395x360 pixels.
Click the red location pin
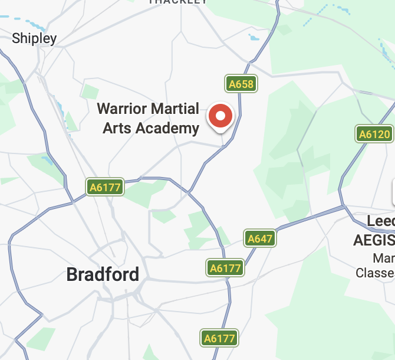(221, 117)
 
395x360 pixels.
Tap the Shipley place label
(34, 39)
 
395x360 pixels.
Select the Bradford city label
(103, 274)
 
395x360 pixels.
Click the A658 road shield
(241, 84)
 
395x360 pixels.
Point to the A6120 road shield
(374, 134)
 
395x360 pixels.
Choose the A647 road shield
(259, 238)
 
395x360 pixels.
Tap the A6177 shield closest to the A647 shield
(225, 268)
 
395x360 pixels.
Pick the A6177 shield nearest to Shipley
(104, 188)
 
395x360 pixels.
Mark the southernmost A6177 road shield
(219, 338)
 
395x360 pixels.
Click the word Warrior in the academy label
(121, 109)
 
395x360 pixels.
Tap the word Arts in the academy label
(117, 127)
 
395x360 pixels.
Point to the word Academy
(167, 128)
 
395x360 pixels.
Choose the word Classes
(376, 273)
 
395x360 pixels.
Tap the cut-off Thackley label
(177, 2)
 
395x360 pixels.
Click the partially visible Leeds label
(380, 222)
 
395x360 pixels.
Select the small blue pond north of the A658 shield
(254, 37)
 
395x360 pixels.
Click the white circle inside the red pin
(221, 116)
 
